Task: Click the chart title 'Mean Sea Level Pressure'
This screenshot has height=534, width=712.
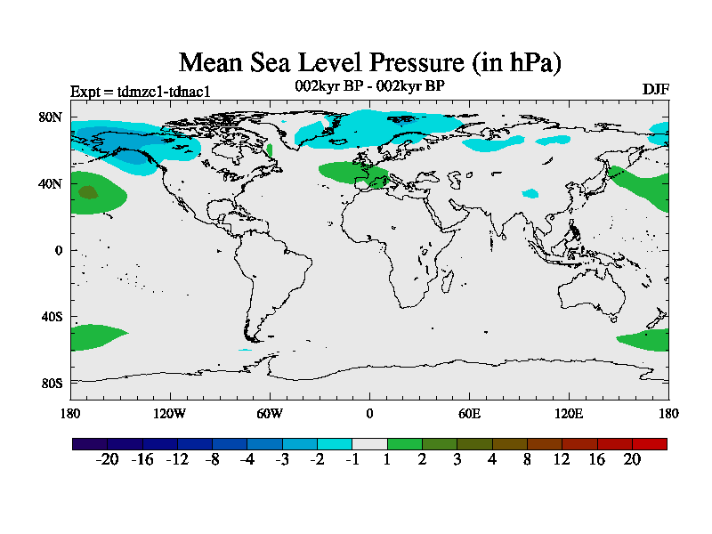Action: pos(370,63)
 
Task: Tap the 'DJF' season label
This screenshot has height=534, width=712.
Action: pos(655,90)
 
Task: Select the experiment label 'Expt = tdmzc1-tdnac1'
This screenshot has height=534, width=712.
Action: pos(140,91)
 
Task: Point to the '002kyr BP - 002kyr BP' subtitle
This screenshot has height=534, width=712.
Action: pos(369,86)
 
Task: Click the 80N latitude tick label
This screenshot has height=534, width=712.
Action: pos(50,117)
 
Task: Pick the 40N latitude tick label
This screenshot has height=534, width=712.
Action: pos(50,183)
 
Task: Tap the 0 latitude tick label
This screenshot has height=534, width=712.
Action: pos(59,250)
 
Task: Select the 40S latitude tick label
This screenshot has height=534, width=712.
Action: pos(51,317)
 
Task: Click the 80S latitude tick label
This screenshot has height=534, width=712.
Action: pos(51,384)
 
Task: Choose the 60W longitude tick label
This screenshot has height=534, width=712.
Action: pos(270,414)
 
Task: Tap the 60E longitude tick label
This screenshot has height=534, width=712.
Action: pos(469,414)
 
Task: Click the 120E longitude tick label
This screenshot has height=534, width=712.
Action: pos(569,414)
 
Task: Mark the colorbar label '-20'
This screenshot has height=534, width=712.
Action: pos(108,459)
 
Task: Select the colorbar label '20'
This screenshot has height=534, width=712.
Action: pos(632,459)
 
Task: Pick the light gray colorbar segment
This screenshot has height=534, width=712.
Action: pos(369,443)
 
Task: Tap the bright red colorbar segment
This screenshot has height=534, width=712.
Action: pos(649,443)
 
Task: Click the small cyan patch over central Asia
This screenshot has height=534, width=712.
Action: pos(530,193)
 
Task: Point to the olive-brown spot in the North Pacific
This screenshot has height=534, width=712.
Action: pos(87,191)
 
